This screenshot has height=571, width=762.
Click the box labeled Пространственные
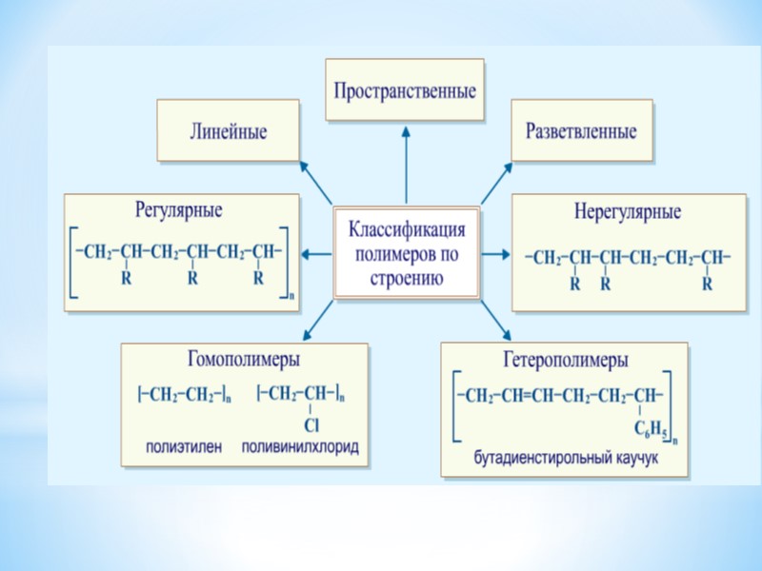click(405, 89)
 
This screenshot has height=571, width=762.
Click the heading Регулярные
click(180, 208)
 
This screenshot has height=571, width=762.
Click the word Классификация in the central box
click(407, 231)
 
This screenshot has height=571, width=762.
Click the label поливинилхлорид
click(301, 446)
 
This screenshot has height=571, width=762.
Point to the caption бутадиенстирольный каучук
click(567, 458)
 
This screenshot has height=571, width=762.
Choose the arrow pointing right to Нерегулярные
click(495, 254)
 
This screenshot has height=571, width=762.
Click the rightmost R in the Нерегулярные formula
click(706, 284)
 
